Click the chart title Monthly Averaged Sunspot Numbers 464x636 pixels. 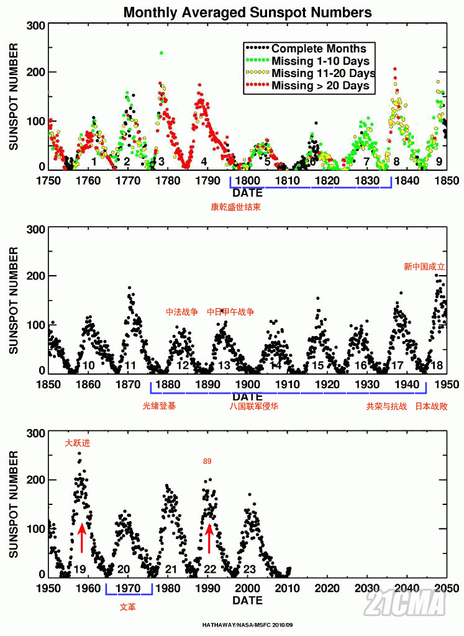coord(248,12)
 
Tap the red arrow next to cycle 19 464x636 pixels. coord(81,537)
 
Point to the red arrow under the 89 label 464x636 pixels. coord(209,537)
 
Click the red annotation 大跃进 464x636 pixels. coord(78,443)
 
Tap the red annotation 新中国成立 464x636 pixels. coord(424,267)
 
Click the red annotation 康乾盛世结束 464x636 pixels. coord(235,207)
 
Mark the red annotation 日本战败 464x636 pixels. coord(431,407)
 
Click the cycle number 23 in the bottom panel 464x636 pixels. coord(250,569)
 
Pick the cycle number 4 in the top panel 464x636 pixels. coord(204,161)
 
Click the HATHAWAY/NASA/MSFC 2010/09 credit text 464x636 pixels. coord(247,625)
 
